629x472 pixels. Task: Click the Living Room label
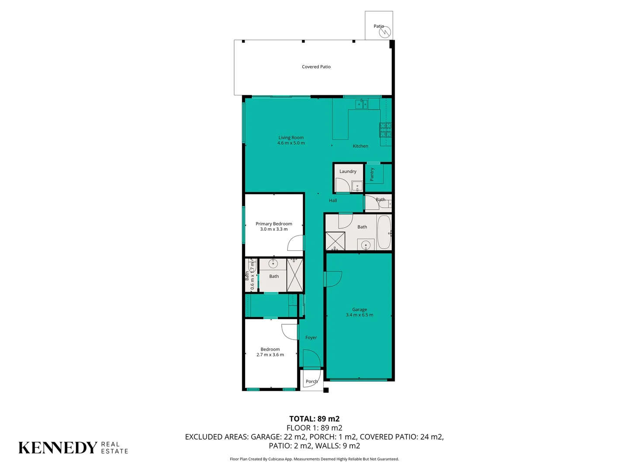291,138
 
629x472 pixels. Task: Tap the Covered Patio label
316,67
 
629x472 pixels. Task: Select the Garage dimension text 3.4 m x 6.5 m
359,315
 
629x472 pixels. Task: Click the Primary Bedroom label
274,224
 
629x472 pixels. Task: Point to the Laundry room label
348,171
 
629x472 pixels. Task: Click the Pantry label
372,174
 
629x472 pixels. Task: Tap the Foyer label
311,338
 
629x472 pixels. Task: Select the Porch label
311,382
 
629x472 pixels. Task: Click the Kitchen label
360,146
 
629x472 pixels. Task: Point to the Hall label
333,201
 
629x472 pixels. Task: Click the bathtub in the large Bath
384,232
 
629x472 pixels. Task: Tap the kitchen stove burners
385,129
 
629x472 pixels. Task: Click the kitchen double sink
361,104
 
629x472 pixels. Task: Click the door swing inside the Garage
334,279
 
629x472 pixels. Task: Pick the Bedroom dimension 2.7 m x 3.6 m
270,355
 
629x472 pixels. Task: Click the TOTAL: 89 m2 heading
314,419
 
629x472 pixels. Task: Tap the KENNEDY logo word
58,448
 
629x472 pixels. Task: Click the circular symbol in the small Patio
384,32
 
